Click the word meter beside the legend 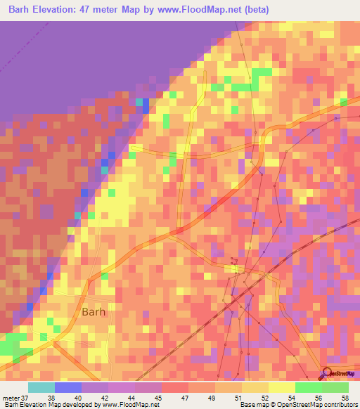11,397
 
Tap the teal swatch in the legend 41,387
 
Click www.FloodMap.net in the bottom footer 130,405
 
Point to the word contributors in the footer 340,405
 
